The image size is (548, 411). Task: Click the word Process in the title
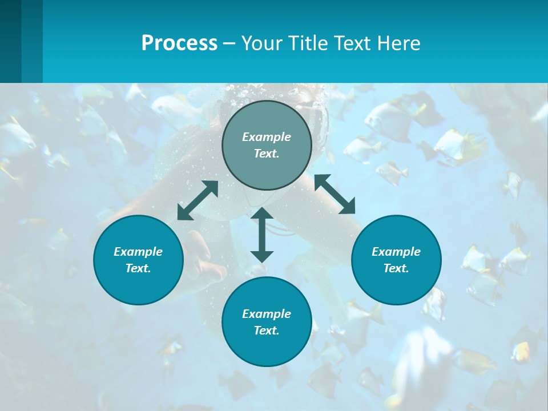[179, 43]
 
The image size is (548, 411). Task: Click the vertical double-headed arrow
[262, 235]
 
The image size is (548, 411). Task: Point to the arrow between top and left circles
[198, 200]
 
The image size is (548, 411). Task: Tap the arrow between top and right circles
[335, 194]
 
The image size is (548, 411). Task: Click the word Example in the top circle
[267, 137]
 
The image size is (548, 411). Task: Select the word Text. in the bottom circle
[267, 331]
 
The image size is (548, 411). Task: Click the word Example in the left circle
[138, 252]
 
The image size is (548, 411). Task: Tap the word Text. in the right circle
[396, 268]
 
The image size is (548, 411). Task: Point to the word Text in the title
[352, 43]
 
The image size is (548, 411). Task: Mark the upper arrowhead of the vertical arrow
[262, 213]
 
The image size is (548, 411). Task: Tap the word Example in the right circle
[396, 252]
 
